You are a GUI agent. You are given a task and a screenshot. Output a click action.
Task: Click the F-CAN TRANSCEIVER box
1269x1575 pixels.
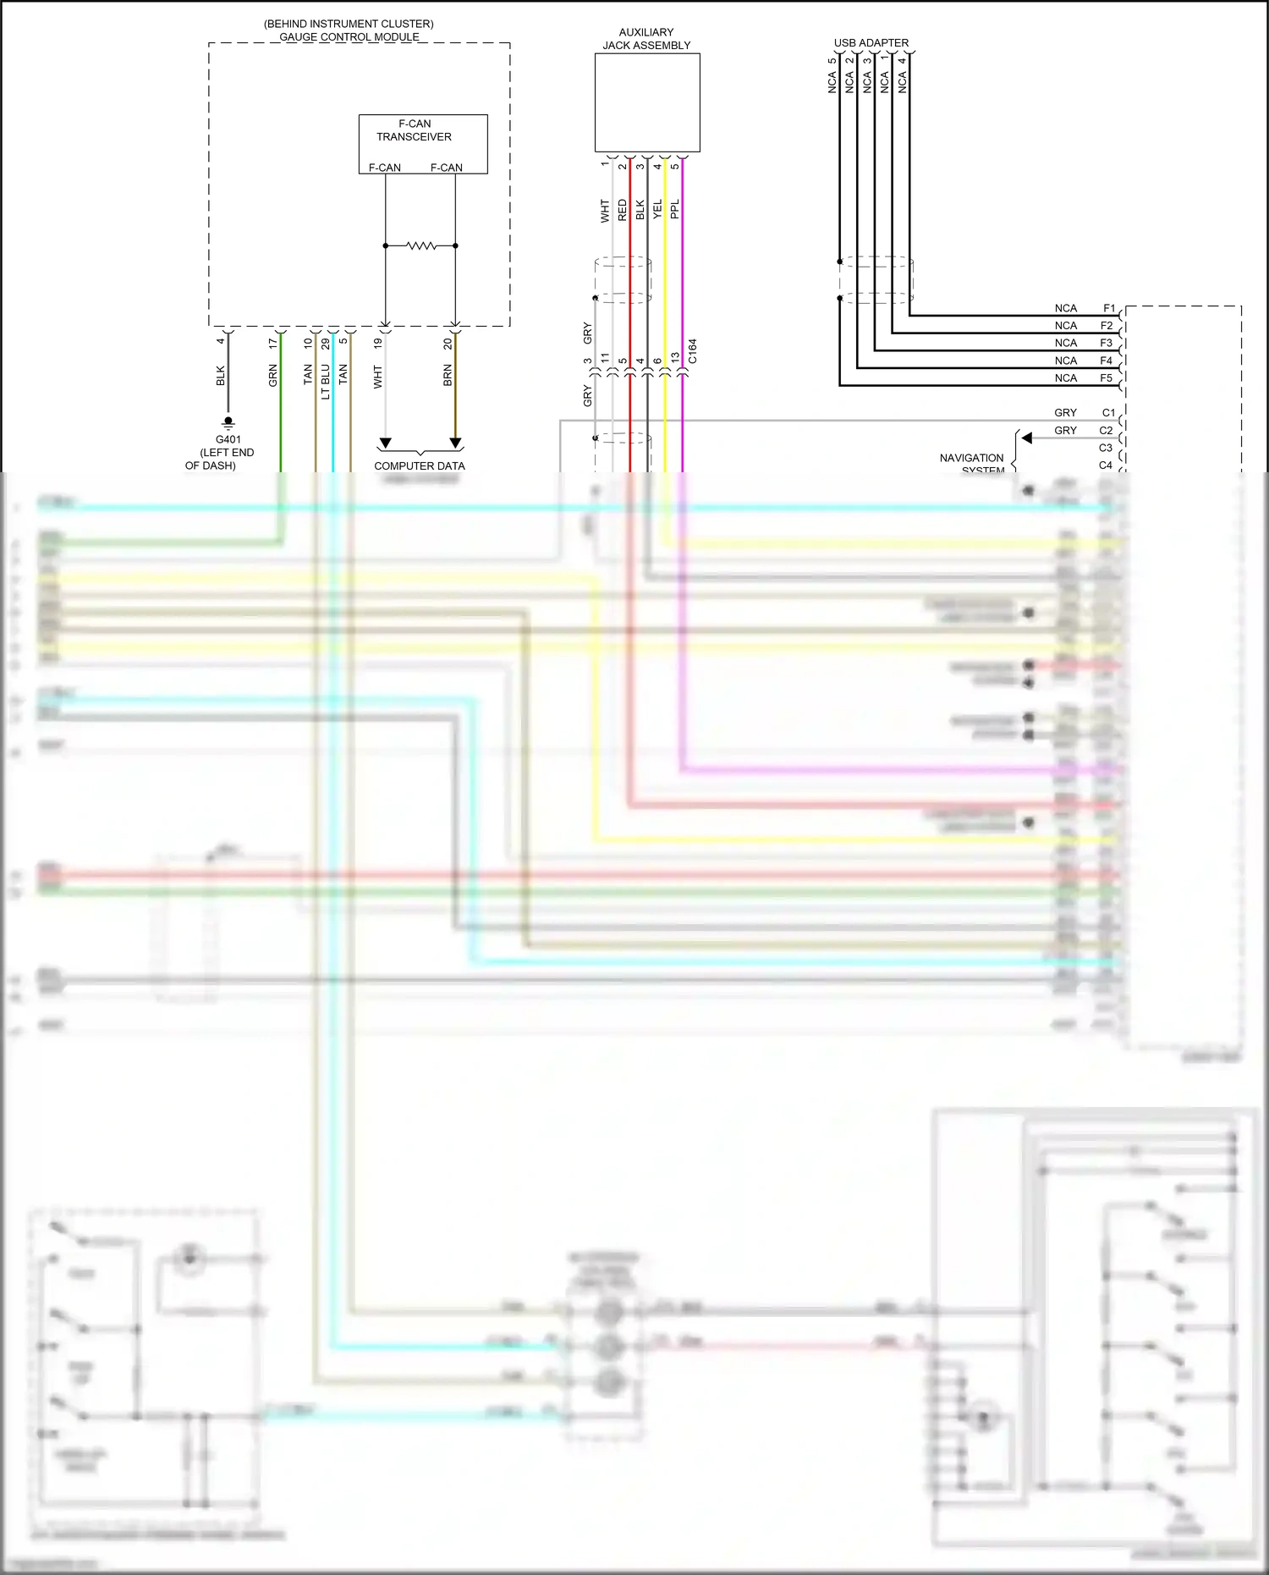pos(423,144)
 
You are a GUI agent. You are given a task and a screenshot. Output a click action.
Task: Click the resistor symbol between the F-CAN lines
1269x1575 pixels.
pos(420,245)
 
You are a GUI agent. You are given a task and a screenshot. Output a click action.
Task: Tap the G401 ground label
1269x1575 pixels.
pos(228,439)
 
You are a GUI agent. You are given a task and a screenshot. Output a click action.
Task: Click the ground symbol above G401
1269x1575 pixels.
pos(228,422)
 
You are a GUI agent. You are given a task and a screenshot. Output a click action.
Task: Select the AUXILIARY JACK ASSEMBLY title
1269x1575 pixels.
pos(646,39)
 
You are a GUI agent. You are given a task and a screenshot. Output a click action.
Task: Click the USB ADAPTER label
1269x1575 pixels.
pos(871,42)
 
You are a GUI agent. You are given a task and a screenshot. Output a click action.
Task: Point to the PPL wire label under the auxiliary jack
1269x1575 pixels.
pos(675,209)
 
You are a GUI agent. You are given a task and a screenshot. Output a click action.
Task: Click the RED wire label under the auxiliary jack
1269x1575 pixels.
pos(623,210)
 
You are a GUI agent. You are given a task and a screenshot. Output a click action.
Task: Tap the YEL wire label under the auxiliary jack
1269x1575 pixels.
pos(657,210)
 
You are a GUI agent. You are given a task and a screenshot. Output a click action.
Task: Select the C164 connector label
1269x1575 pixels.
pos(693,351)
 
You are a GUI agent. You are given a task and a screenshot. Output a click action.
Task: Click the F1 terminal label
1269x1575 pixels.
pos(1109,308)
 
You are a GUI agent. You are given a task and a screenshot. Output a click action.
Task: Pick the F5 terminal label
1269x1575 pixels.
pos(1106,377)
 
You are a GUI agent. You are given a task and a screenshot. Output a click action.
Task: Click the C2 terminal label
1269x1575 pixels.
pos(1106,430)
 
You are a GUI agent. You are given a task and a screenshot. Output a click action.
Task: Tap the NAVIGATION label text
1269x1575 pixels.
pos(971,458)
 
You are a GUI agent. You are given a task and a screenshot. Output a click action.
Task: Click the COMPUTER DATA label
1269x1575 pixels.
pos(420,465)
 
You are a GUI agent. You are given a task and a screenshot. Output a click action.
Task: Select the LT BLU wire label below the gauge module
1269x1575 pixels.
pos(326,381)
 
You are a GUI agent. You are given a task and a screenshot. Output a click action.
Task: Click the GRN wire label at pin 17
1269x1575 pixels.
pos(273,375)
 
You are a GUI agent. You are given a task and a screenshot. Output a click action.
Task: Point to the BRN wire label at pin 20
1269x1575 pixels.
pos(448,376)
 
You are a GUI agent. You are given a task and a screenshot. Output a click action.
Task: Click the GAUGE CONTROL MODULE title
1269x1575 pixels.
pos(349,36)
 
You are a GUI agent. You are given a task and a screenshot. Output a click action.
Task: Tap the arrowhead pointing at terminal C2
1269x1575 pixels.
pos(1026,438)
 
